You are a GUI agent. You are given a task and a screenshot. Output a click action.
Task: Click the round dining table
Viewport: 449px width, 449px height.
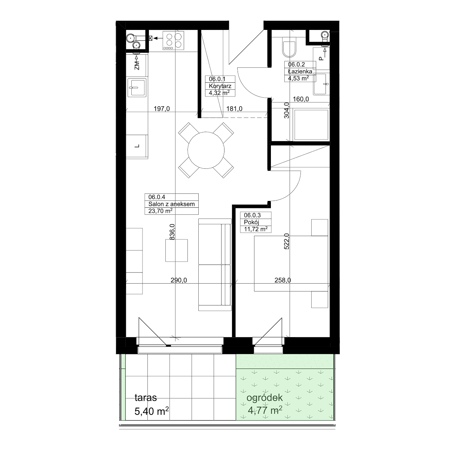tap(206, 150)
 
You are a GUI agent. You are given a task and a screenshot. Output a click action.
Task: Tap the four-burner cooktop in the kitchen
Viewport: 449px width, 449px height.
tap(173, 40)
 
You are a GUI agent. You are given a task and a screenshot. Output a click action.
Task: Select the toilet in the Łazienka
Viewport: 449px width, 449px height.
tap(289, 47)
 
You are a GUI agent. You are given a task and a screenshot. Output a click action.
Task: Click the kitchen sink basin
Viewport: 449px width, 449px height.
tap(137, 88)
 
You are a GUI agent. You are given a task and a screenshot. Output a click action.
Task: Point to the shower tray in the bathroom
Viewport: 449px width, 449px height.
tap(311, 125)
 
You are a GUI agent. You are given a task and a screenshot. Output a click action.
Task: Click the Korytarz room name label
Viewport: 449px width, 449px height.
tap(220, 86)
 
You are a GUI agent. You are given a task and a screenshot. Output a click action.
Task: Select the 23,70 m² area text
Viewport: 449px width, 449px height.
tap(160, 211)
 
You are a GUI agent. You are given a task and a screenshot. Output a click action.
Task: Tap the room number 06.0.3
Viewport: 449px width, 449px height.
tap(252, 215)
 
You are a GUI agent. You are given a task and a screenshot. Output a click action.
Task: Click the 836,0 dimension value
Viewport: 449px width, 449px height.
tap(172, 232)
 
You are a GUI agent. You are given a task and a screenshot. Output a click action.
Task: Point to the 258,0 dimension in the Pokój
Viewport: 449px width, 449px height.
tap(282, 280)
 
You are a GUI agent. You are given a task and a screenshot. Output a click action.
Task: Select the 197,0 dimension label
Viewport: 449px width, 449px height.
tap(162, 109)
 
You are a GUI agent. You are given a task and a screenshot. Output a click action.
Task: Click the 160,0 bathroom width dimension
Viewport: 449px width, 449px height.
tap(301, 99)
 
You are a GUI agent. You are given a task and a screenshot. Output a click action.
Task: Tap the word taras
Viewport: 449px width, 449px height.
tap(146, 397)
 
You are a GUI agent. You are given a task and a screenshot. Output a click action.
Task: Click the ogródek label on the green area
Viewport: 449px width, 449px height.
tap(265, 398)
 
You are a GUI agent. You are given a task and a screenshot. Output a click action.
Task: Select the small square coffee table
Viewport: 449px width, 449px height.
tap(176, 250)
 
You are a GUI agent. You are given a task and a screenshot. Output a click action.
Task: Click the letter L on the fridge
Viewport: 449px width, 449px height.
tap(137, 146)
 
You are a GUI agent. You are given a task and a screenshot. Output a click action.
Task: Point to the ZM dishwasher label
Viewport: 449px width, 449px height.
tap(137, 66)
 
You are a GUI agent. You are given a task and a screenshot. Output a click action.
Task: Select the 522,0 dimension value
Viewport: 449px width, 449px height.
tap(287, 241)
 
